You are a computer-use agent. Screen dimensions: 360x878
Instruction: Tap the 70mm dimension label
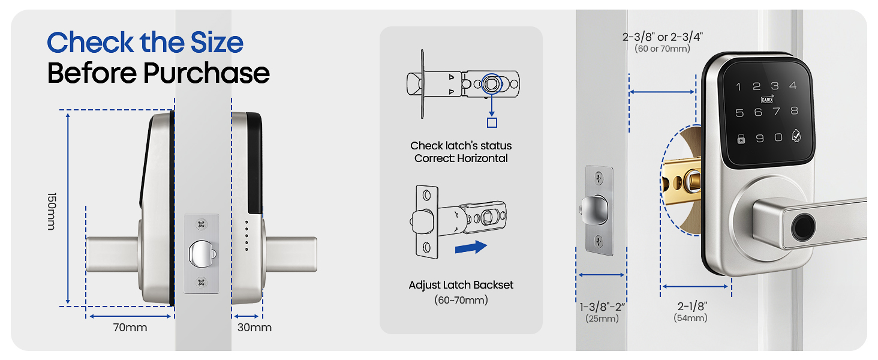click(130, 328)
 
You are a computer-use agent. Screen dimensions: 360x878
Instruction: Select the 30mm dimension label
click(254, 328)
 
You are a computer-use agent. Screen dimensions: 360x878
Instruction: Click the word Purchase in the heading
click(206, 73)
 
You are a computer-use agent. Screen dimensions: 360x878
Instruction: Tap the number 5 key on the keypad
click(739, 112)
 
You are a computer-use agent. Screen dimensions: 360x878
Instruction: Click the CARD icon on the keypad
click(766, 99)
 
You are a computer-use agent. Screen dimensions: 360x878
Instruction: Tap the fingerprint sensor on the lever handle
click(800, 229)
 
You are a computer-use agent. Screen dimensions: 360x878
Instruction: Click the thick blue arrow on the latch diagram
click(471, 247)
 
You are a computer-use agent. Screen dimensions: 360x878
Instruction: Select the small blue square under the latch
click(492, 122)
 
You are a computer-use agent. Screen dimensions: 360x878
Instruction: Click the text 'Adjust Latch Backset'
click(461, 285)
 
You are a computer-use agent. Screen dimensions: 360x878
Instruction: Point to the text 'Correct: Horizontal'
click(461, 158)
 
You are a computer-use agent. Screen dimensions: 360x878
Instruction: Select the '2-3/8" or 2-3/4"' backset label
click(662, 37)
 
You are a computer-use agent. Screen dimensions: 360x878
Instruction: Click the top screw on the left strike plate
click(201, 224)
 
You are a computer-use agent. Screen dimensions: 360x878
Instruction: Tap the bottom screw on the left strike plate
click(201, 281)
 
